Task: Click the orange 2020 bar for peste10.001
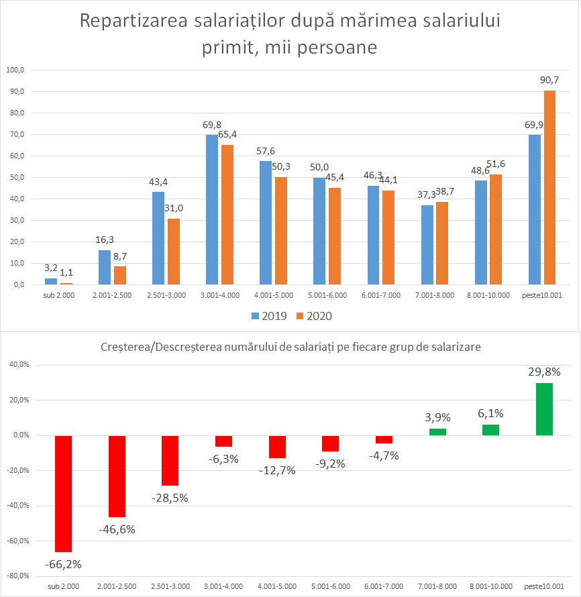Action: pos(549,187)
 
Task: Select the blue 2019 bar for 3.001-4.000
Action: pos(212,209)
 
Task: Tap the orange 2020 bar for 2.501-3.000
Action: pos(174,252)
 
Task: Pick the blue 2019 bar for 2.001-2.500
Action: pos(105,267)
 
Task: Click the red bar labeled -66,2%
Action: pos(64,493)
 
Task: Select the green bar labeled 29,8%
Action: pos(544,409)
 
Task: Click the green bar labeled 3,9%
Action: pos(437,431)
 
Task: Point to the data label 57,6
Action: pos(266,152)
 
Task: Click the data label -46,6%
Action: pos(117,529)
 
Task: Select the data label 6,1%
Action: pos(490,414)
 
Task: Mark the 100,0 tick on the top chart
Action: pos(15,70)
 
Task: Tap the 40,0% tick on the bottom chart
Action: pos(18,365)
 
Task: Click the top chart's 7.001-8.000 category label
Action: pos(435,294)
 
